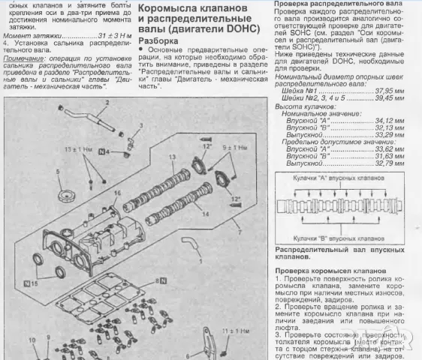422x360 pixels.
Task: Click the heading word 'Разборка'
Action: point(158,40)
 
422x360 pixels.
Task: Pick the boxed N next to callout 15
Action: point(27,283)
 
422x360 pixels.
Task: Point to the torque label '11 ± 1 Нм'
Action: point(234,330)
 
